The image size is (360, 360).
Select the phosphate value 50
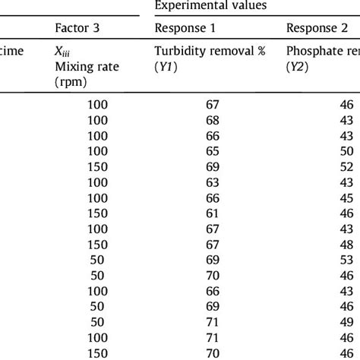[x=346, y=150]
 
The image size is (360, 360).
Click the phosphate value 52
[x=346, y=166]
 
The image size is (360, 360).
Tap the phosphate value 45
[x=346, y=198]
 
